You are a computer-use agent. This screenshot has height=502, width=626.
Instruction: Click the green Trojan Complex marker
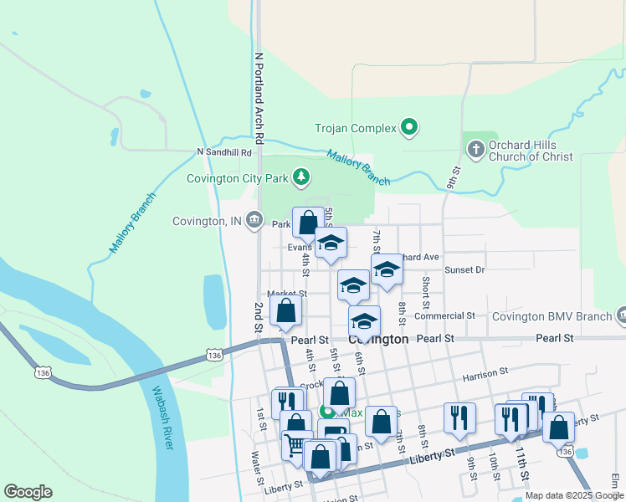tap(409, 128)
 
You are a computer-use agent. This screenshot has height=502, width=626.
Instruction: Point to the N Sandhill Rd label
tap(224, 152)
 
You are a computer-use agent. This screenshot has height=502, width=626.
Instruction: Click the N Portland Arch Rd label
tap(259, 96)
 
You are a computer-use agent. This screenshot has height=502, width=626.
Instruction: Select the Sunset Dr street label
tap(464, 270)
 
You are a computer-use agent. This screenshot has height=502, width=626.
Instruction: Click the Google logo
tap(28, 492)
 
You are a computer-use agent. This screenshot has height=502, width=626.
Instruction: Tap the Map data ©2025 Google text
tap(574, 495)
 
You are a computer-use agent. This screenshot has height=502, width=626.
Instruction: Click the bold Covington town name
tap(378, 340)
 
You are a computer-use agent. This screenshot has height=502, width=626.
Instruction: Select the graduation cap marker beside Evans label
tap(331, 243)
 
